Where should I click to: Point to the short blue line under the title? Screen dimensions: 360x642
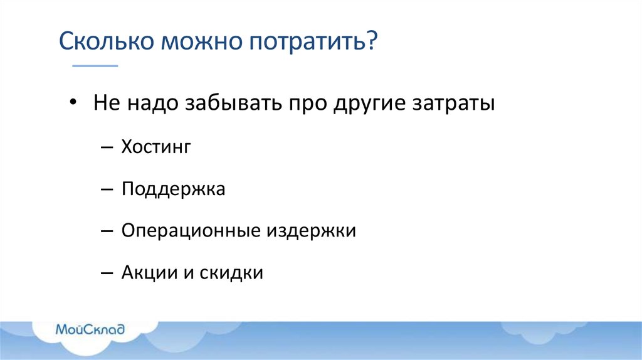coord(95,65)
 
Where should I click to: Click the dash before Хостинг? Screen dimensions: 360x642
coord(107,148)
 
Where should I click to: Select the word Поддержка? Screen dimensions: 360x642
coord(174,189)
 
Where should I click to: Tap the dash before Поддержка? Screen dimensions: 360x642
coord(107,190)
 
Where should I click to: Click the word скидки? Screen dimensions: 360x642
coord(232,273)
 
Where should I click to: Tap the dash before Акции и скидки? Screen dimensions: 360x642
coord(107,274)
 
